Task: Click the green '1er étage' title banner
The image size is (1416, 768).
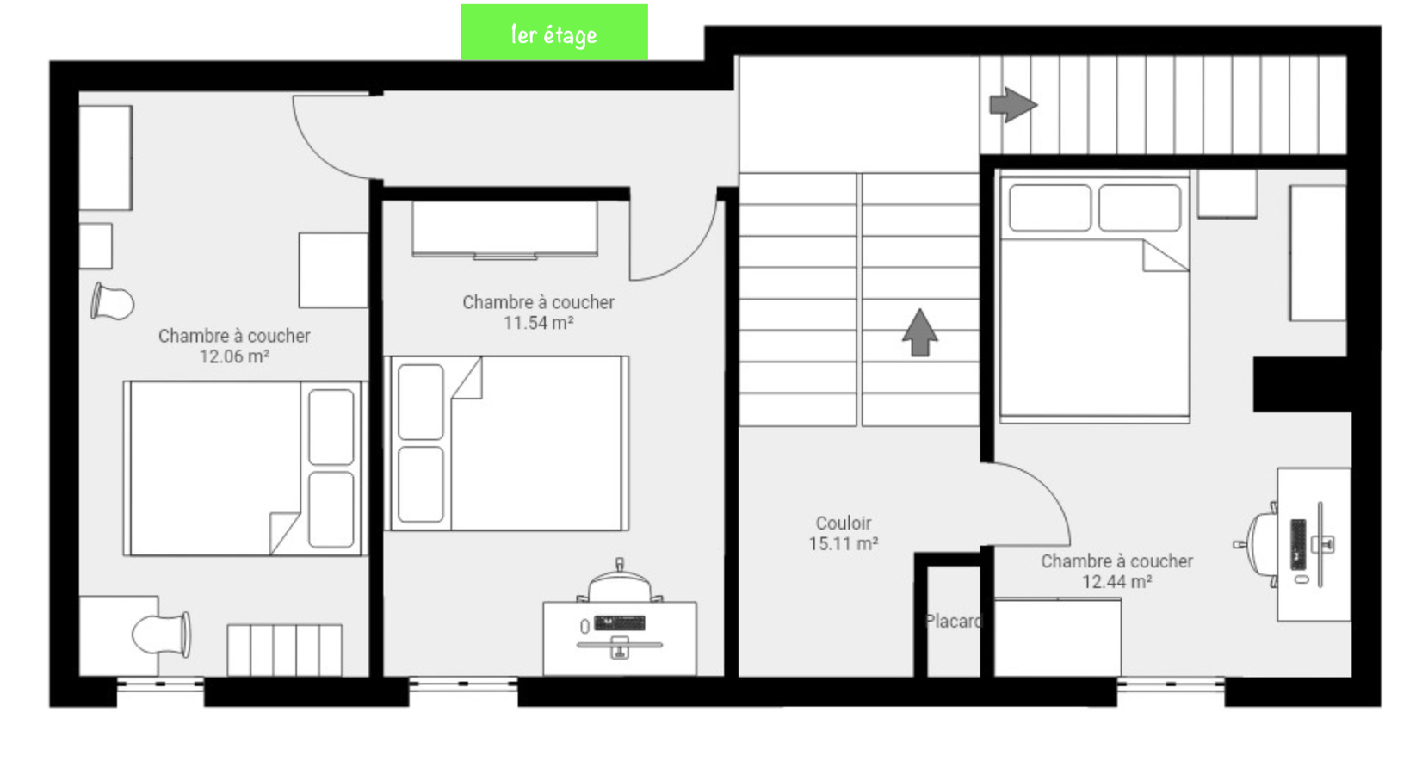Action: coord(553,33)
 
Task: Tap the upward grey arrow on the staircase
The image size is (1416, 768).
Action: coord(919,332)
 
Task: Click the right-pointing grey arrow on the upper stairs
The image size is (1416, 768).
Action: coord(1012,104)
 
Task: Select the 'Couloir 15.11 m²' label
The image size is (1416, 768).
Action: coord(843,533)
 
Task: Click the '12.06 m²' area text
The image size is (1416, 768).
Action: coord(234,356)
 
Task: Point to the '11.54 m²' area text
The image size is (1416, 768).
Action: coord(538,323)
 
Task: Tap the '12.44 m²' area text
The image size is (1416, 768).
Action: coord(1116,582)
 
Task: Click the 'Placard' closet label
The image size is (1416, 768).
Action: coord(952,621)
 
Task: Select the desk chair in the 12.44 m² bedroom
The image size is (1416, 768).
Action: coord(1259,544)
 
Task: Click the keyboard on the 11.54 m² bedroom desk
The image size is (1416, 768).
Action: coord(619,622)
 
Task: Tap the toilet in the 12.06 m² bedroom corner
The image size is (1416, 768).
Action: coord(161,635)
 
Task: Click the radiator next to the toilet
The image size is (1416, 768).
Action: coord(284,649)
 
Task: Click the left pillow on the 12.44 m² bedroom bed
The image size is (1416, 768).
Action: coord(1049,207)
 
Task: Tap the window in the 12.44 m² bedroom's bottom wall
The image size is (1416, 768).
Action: coord(1171,684)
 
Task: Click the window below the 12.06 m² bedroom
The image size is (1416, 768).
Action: coord(160,684)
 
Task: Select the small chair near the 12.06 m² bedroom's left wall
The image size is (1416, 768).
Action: coord(113,302)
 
